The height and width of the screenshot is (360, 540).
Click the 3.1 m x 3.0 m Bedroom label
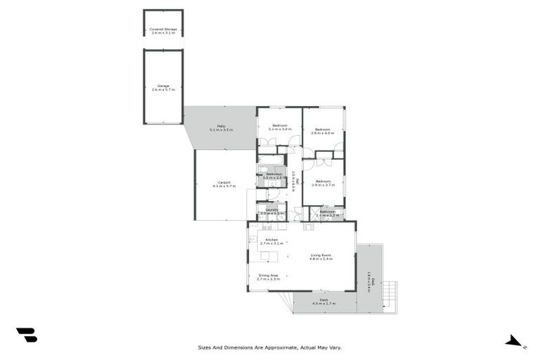pos(279,126)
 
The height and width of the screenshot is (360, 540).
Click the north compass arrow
pos(514,342)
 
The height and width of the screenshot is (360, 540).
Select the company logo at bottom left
pos(27,335)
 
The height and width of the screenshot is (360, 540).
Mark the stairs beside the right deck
pos(390,295)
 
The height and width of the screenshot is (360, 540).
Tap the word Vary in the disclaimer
pos(335,347)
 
